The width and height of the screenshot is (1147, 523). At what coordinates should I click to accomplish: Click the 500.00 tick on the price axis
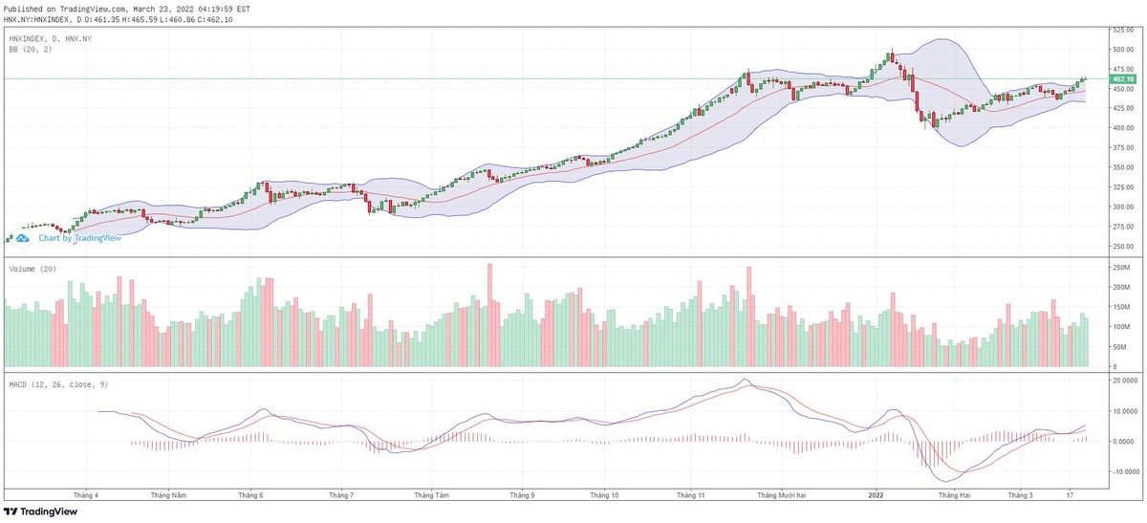coord(1121,49)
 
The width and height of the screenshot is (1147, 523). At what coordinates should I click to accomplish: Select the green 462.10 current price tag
coord(1121,80)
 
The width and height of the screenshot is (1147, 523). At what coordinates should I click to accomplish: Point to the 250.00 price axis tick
coord(1121,246)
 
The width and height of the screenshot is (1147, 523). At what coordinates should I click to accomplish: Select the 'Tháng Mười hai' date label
coord(782,495)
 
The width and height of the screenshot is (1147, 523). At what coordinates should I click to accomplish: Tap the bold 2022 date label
coord(876,495)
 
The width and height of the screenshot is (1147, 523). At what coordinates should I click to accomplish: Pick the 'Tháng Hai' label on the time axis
coord(953,495)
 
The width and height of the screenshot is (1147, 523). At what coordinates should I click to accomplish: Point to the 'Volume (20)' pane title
coord(32,270)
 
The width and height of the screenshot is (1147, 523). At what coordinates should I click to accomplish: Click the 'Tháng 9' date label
coord(522,495)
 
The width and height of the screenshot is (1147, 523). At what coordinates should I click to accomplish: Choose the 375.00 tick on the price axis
coord(1121,147)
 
